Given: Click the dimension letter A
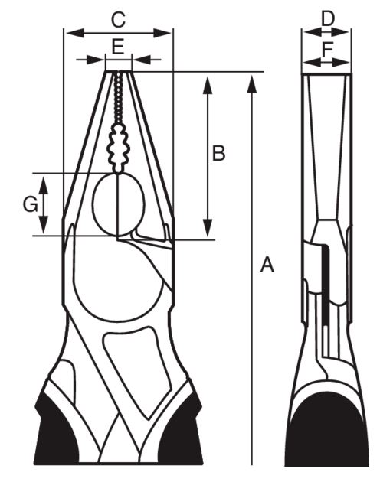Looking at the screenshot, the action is (267, 265).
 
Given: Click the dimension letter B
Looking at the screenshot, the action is (218, 153).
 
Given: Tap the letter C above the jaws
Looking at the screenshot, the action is (118, 20).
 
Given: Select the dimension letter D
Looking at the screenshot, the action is (328, 19).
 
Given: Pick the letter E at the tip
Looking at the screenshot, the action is (118, 47).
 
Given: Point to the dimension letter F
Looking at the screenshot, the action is (327, 50).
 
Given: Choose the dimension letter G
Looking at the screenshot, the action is (31, 204).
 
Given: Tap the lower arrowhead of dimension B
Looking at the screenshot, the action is (208, 228).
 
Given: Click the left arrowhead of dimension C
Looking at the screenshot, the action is (75, 33).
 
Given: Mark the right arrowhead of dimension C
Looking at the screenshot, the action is (162, 33).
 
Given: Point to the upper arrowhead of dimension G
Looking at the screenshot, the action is (44, 185).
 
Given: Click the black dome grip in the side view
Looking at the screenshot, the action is (327, 437).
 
